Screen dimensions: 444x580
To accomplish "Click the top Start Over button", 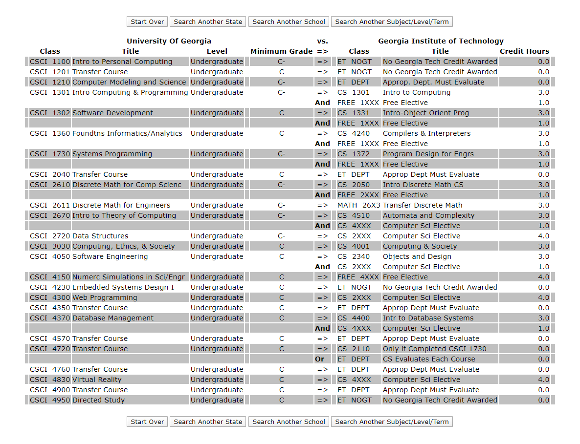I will coord(147,21).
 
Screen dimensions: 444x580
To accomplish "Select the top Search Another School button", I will coord(289,21).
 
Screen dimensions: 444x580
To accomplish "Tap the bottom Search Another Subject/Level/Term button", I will coord(392,422).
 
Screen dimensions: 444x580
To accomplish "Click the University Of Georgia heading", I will coord(169,41).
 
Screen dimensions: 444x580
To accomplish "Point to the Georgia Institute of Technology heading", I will coord(441,41).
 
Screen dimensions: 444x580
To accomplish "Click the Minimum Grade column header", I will coord(281,51).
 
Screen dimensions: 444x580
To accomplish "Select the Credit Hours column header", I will coord(524,51).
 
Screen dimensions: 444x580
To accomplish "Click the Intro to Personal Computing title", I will coord(122,62).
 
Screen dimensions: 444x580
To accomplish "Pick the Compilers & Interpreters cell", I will coord(426,133).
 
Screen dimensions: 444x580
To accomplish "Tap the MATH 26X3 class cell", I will coord(358,205).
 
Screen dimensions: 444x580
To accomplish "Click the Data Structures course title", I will coord(100,236).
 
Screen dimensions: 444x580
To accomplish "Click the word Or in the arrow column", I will coord(319,359).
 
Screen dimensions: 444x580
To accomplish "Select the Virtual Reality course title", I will coord(97,380).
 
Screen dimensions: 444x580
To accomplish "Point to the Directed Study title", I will coord(98,400).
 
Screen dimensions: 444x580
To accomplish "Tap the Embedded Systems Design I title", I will coord(123,287).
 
